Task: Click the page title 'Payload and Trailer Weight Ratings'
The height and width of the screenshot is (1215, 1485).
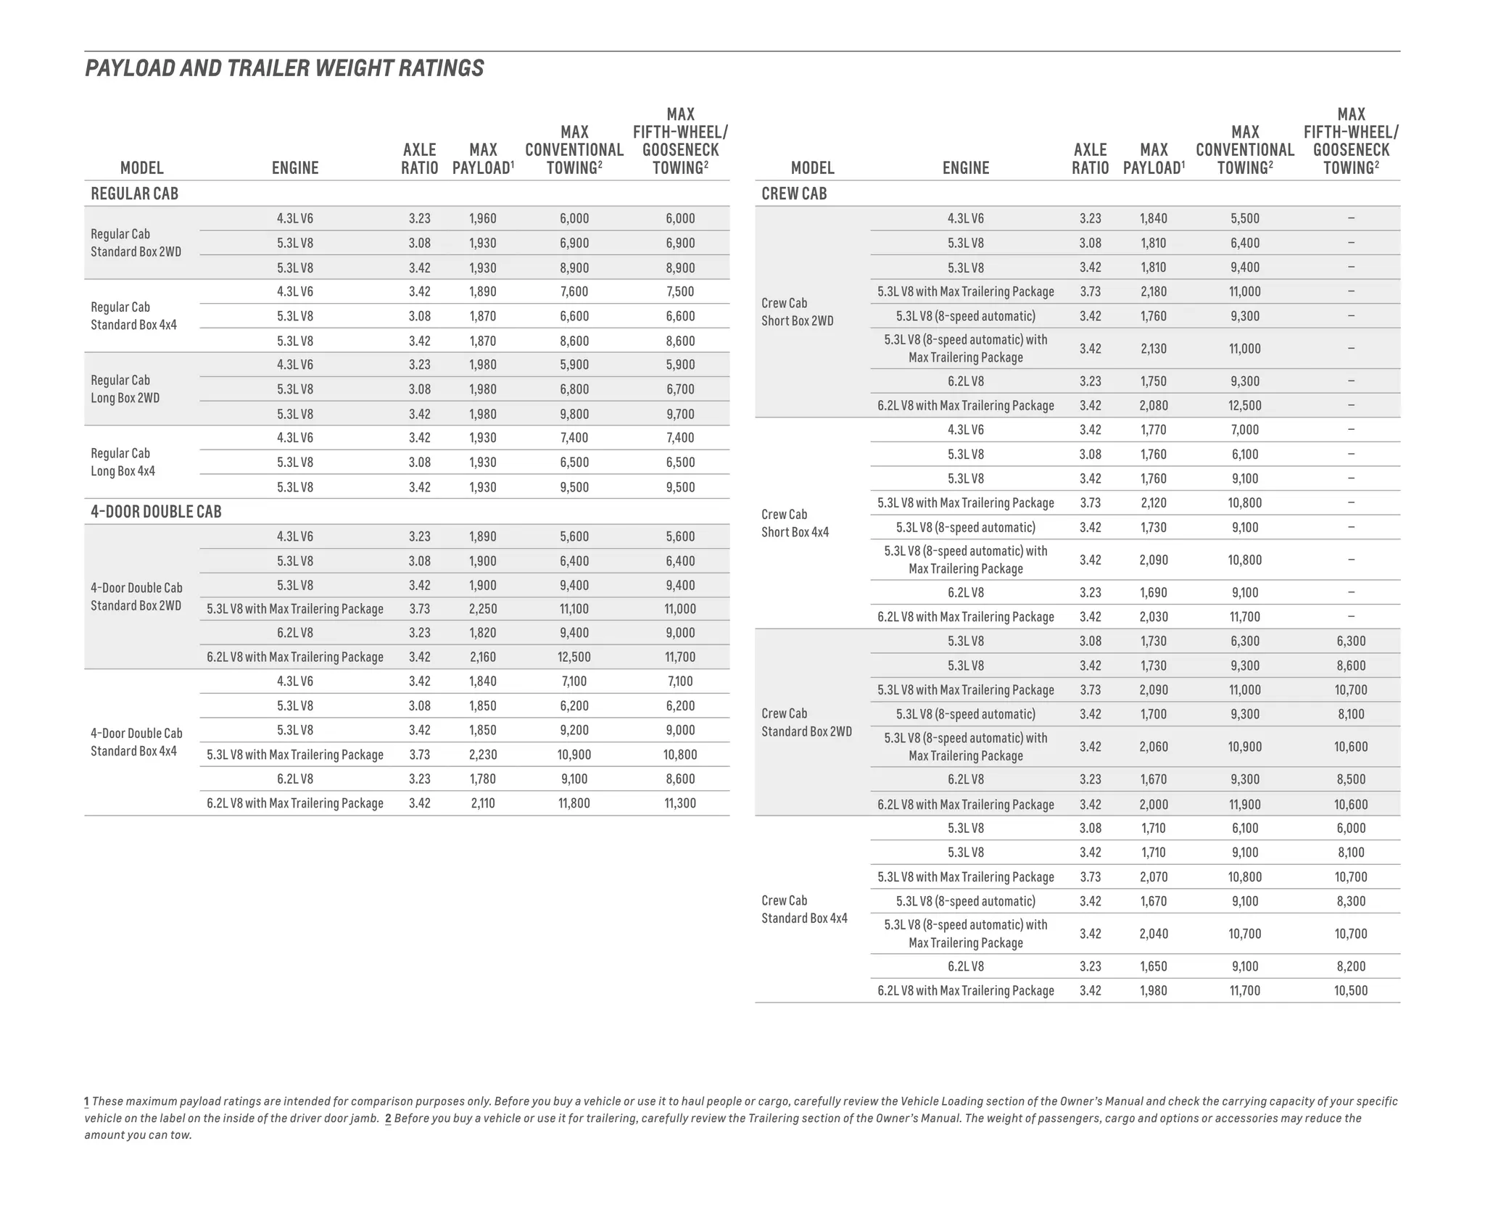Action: point(284,68)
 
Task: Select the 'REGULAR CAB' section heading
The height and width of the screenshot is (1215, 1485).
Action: point(134,194)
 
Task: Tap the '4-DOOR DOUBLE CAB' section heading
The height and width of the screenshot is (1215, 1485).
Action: point(156,512)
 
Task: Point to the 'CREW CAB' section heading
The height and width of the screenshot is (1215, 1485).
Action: point(794,194)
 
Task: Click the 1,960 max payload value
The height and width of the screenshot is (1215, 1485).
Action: point(482,218)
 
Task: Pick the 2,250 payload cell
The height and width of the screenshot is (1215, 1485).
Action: point(482,609)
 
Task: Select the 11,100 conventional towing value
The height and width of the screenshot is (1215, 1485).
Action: point(574,609)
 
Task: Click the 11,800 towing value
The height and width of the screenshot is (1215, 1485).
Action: point(574,803)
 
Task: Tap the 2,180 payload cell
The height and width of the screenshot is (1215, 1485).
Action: point(1153,291)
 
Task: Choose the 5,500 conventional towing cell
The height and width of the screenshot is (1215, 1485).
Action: point(1245,218)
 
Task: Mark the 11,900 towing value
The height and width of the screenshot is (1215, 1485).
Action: point(1245,804)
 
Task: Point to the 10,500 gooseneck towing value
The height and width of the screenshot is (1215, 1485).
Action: point(1351,990)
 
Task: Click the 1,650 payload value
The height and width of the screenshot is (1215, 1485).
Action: point(1153,966)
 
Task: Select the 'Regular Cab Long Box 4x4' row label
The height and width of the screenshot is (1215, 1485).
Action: point(123,462)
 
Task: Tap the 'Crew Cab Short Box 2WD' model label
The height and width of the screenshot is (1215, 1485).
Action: point(797,312)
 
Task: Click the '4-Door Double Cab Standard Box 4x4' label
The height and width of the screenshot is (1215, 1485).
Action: point(136,742)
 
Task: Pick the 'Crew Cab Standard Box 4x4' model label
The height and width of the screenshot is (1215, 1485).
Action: point(804,909)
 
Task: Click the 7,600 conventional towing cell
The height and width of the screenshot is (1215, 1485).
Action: point(574,291)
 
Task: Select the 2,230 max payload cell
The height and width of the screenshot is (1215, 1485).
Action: point(482,755)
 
